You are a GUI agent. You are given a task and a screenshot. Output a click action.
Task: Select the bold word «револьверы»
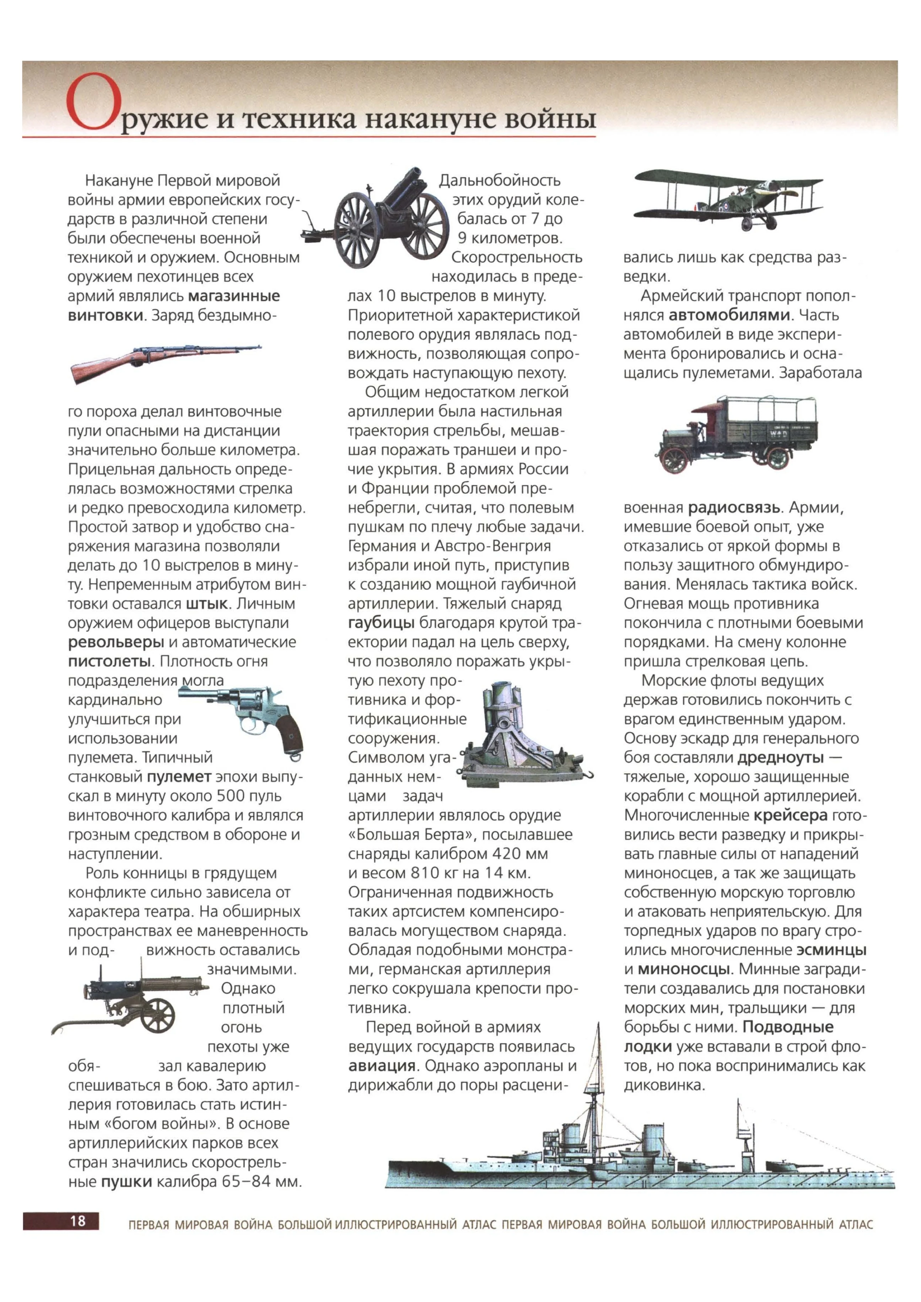coord(116,642)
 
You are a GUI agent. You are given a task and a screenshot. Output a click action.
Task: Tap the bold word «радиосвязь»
coord(734,508)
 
